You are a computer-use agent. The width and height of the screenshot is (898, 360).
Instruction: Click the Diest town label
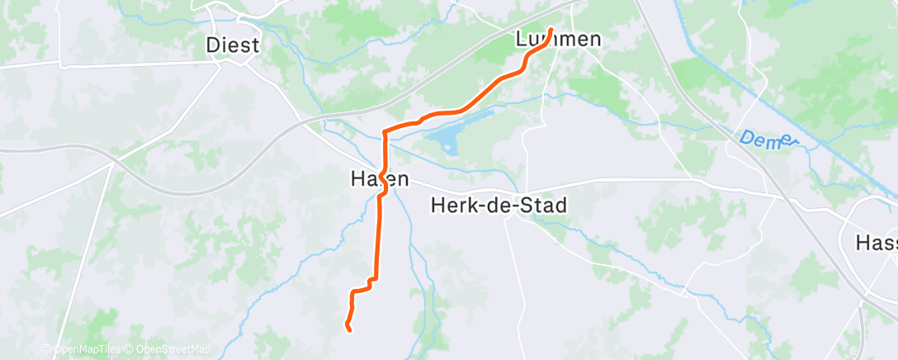tap(233, 45)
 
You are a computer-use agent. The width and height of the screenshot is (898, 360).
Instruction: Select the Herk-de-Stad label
tap(499, 206)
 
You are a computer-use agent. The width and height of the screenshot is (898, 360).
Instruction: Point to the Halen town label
tap(379, 178)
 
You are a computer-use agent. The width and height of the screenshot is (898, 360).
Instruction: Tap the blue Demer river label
tap(766, 140)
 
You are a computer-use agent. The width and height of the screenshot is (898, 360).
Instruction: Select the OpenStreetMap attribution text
tap(172, 350)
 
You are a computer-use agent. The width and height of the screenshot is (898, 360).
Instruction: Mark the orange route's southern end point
tap(349, 329)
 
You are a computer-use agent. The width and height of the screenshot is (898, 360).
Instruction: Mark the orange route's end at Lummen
tap(551, 31)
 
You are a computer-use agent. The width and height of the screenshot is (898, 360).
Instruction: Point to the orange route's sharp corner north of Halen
tap(385, 131)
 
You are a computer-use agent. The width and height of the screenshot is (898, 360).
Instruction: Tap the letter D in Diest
tap(214, 45)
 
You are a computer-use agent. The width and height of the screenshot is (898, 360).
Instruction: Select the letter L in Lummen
tap(521, 40)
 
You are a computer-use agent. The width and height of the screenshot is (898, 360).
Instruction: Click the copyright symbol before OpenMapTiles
tap(47, 350)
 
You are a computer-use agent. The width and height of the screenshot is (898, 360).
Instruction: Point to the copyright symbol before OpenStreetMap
tap(130, 350)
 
